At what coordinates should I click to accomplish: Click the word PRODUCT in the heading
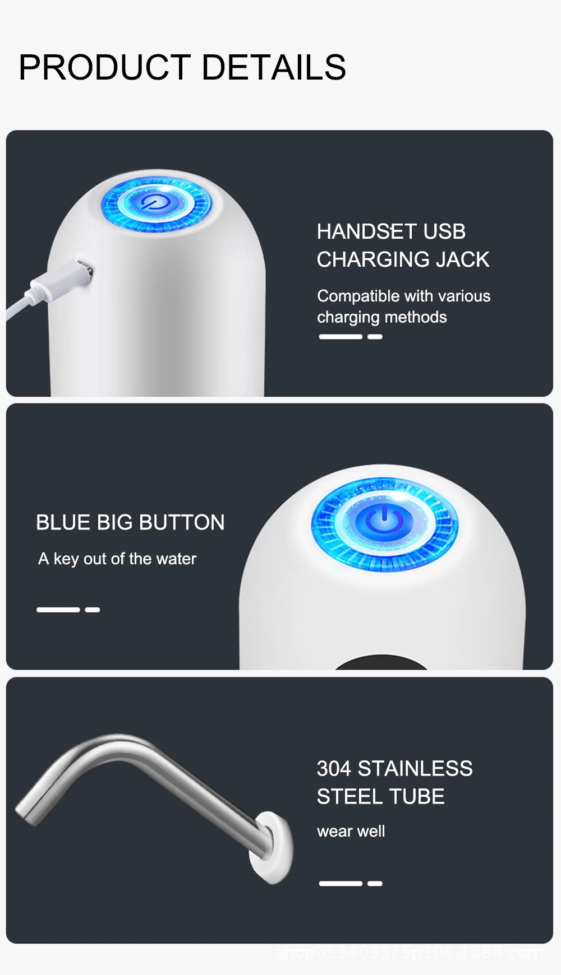[104, 68]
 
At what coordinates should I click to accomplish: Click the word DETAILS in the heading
[274, 68]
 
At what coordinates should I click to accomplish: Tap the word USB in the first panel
[444, 231]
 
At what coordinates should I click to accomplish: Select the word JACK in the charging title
[463, 259]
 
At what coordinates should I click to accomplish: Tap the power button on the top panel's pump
[155, 202]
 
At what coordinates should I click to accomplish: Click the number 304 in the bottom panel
[334, 769]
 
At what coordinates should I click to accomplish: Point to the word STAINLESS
[415, 769]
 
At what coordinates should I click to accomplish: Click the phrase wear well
[351, 831]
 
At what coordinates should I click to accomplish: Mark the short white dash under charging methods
[375, 337]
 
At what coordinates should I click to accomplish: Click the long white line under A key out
[58, 610]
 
